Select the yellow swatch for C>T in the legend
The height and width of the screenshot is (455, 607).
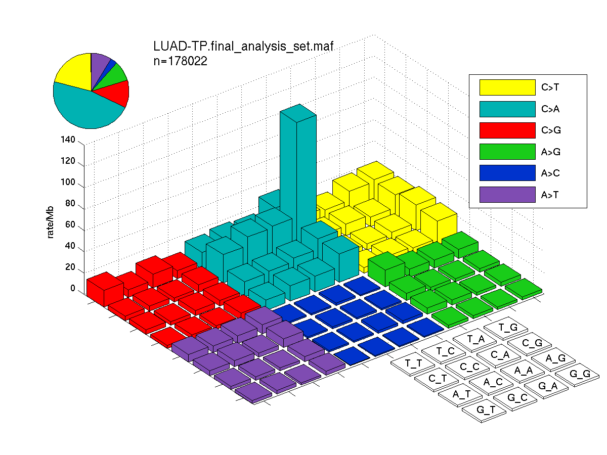[x=507, y=87]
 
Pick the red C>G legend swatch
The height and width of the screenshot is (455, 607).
[x=507, y=130]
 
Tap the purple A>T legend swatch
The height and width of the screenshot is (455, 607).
[x=507, y=195]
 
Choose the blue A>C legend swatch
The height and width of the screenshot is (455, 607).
[x=507, y=173]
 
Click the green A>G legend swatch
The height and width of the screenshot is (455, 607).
[x=507, y=152]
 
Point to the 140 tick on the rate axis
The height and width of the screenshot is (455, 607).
[x=68, y=140]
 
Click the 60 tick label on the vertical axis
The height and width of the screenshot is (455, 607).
[x=70, y=224]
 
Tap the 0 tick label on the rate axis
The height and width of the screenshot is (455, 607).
[x=73, y=288]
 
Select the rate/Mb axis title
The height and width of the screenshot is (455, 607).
[x=50, y=222]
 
